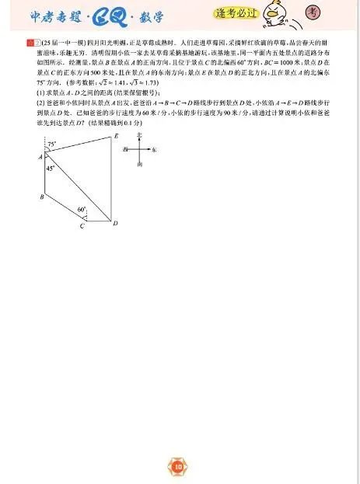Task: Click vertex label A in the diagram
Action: [39, 157]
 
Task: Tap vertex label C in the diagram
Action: [81, 226]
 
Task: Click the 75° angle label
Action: [51, 145]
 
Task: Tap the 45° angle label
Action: [50, 168]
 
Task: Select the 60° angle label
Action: [82, 210]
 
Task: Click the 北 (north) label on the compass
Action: [139, 135]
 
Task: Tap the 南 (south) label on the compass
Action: [139, 165]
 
